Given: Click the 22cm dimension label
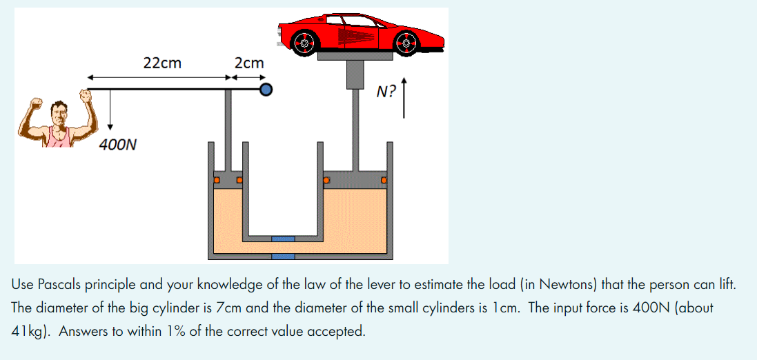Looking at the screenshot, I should point(162,63).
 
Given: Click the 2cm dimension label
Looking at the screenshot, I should point(249,63).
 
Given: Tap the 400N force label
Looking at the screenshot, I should point(117,145).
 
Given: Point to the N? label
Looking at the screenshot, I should point(386,92).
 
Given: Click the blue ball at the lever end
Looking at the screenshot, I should point(266,89).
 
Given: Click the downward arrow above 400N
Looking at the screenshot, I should point(110,110).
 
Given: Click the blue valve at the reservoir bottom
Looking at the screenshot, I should point(283,257).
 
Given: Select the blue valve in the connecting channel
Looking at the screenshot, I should point(283,239).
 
